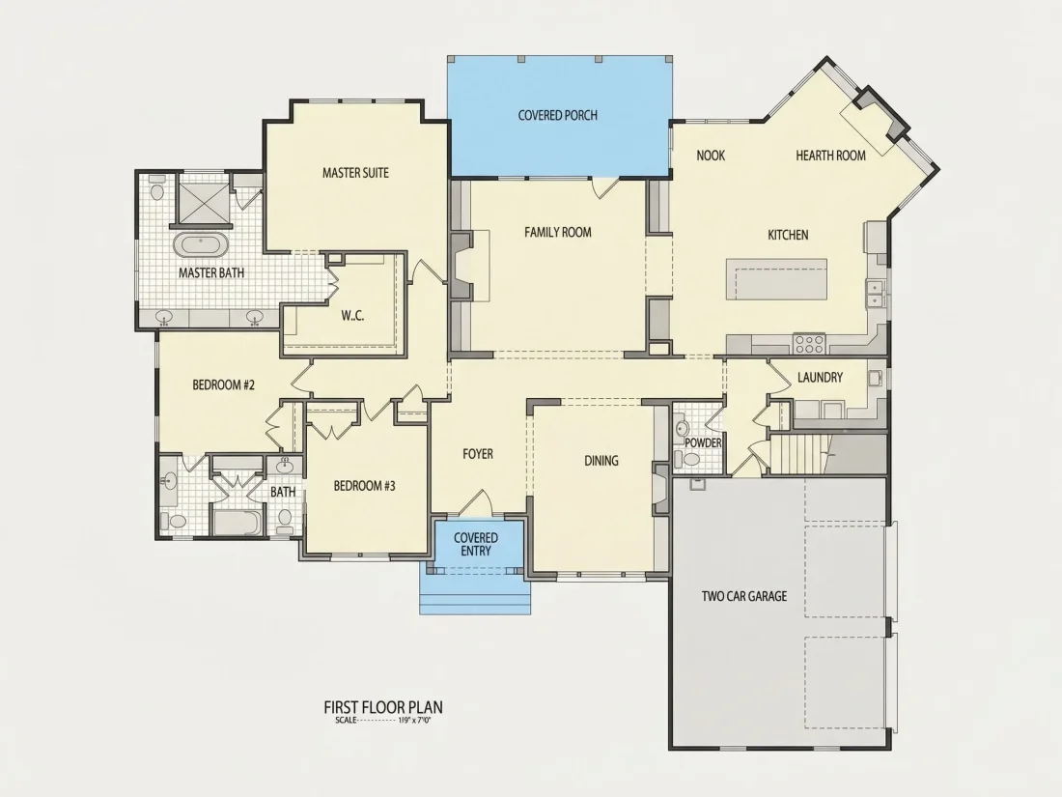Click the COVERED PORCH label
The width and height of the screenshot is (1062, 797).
point(557,115)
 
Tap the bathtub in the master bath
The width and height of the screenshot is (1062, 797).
point(201,244)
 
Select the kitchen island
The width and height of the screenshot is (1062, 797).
point(776,278)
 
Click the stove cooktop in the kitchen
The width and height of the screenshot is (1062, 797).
point(809,343)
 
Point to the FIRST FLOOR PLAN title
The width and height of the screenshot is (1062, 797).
point(383,707)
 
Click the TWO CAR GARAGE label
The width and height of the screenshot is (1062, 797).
point(743,596)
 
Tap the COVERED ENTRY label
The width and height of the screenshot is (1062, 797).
point(475,544)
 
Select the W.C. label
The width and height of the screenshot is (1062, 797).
point(352,315)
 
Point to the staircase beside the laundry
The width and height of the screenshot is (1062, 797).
point(800,455)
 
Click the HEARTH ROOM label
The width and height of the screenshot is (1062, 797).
point(830,156)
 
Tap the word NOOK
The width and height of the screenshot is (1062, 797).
point(711,156)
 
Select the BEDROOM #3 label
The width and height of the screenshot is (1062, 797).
point(364,486)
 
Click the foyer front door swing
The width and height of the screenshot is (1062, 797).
point(476,502)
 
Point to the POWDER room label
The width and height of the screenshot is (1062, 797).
point(703,442)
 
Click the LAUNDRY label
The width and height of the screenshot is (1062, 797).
point(820,378)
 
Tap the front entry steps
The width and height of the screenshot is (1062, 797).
point(476,596)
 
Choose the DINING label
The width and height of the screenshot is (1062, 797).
point(601,461)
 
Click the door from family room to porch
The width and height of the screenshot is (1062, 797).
point(604,187)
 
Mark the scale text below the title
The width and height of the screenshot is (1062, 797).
point(383,721)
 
